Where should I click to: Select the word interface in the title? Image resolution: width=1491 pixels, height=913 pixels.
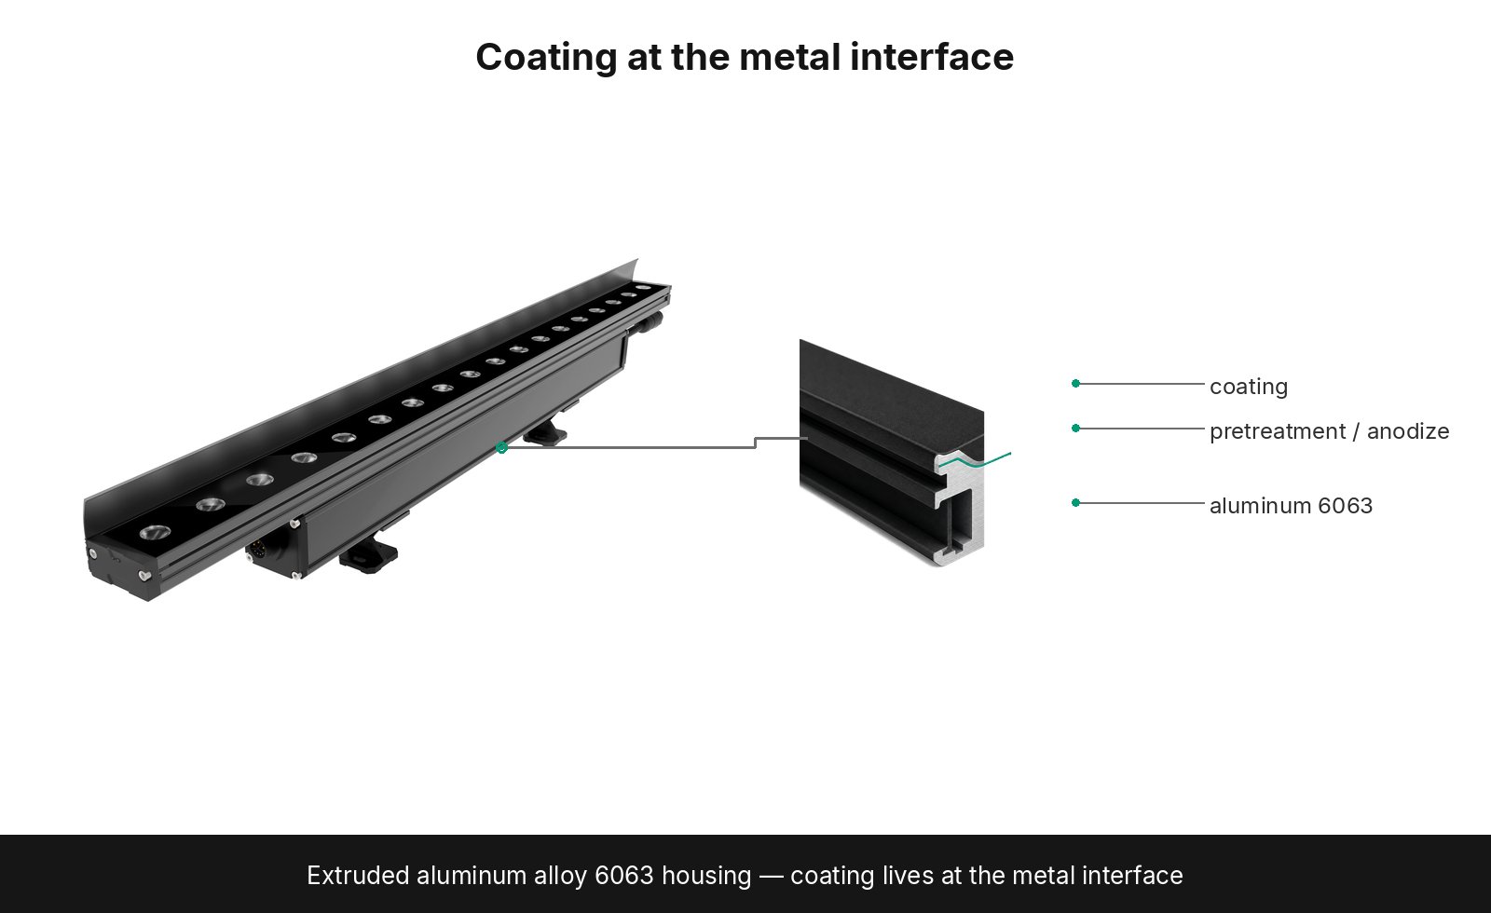(x=932, y=57)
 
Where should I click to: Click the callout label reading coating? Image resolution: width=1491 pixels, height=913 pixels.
(x=1249, y=388)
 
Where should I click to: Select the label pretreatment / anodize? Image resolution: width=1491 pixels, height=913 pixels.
(x=1329, y=431)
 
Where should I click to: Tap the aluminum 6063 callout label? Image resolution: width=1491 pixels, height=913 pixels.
(x=1292, y=506)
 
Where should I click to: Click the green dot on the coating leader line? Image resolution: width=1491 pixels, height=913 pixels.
(x=1075, y=383)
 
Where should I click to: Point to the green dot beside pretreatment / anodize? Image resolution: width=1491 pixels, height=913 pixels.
(x=1075, y=428)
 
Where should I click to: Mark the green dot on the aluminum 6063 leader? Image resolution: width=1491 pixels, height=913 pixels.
(x=1075, y=502)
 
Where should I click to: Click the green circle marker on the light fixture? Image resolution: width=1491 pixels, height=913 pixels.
(x=502, y=448)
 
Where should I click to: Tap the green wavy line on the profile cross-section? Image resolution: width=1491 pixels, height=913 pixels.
(x=975, y=460)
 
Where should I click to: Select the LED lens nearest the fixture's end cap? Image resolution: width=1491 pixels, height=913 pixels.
(x=155, y=532)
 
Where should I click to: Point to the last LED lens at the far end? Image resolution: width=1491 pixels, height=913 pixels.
(x=643, y=288)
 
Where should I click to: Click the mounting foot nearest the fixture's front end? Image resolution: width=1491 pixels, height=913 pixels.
(x=368, y=555)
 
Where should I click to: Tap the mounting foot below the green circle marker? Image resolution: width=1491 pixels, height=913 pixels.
(x=546, y=432)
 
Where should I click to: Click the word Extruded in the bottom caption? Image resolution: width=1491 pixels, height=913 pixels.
(x=358, y=875)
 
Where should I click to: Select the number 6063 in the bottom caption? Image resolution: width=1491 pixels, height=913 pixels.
(x=623, y=875)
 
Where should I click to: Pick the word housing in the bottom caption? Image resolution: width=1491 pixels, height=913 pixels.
(x=706, y=877)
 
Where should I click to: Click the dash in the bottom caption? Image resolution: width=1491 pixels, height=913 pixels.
(x=771, y=877)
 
